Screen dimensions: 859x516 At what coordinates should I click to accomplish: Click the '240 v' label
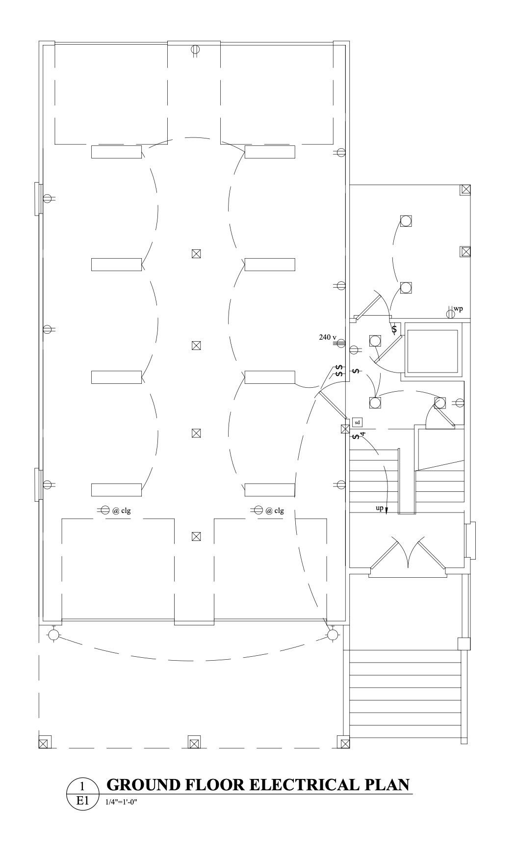[328, 337]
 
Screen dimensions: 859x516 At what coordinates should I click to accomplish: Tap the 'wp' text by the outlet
[458, 309]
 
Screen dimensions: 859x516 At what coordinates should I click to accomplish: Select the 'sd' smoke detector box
[357, 422]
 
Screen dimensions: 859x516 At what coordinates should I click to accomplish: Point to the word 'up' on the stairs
[380, 508]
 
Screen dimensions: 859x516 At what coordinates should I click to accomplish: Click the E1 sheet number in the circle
[82, 801]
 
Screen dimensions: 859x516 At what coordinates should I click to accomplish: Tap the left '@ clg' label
[122, 510]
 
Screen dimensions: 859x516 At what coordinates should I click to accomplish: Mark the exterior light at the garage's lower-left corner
[53, 635]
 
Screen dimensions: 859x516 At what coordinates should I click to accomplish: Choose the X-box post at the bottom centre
[194, 743]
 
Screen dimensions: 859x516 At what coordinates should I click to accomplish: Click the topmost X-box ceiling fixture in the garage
[196, 254]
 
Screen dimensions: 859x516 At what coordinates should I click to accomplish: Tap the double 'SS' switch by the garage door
[339, 371]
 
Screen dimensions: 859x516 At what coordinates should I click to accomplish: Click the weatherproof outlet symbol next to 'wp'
[450, 313]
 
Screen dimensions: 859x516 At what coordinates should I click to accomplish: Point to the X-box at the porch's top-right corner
[465, 189]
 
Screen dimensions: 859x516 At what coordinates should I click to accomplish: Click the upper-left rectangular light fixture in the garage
[116, 152]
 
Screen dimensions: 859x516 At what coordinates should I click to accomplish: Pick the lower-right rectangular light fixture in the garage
[270, 490]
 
